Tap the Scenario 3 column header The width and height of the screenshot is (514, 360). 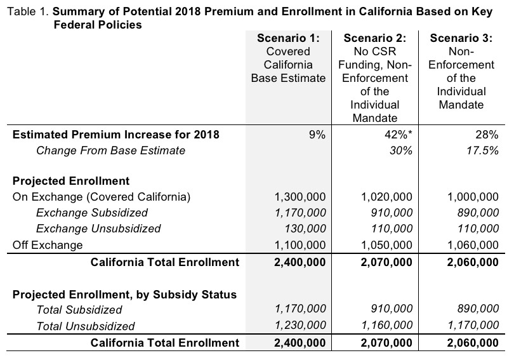click(x=461, y=71)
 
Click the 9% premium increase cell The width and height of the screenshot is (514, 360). click(x=317, y=134)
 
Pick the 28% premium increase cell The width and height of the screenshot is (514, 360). click(x=486, y=134)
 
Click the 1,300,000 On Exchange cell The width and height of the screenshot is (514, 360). click(x=301, y=196)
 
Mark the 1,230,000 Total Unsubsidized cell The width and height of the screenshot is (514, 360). click(x=301, y=326)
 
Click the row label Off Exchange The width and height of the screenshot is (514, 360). click(x=48, y=244)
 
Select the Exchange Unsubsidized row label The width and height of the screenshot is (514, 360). click(x=98, y=228)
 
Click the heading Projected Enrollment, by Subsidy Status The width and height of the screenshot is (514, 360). click(x=124, y=294)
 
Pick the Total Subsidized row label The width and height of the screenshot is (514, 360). click(x=79, y=310)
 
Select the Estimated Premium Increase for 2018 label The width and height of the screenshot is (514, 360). click(x=116, y=134)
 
